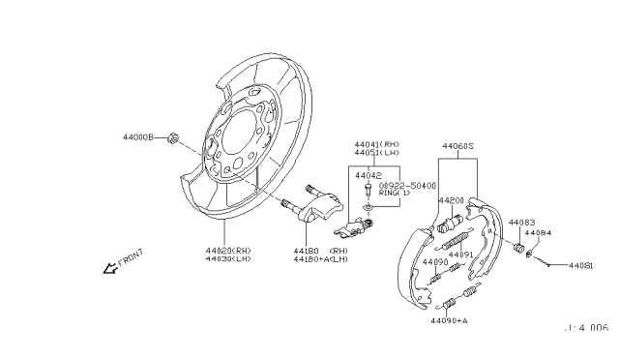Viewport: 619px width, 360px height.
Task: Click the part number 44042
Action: (368, 175)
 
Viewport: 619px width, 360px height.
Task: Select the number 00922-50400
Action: (406, 185)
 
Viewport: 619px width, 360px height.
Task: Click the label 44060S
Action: (459, 146)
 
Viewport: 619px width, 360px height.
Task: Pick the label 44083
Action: (521, 222)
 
